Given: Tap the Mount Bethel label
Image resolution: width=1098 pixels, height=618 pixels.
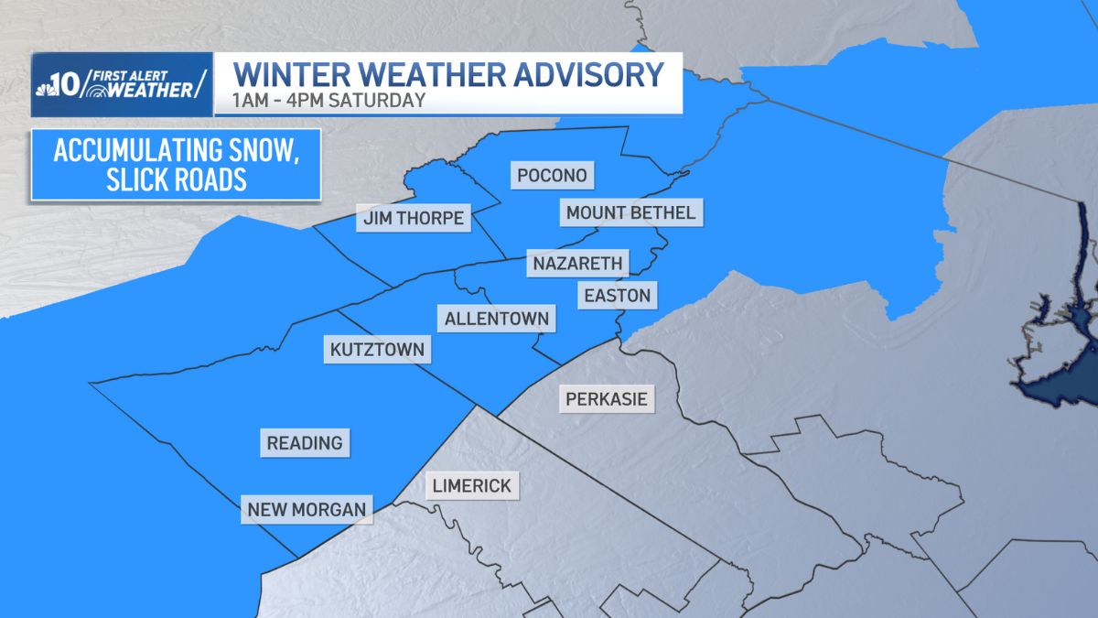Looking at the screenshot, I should click(630, 212).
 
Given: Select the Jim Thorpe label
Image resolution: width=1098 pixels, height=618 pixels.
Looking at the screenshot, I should click(414, 219).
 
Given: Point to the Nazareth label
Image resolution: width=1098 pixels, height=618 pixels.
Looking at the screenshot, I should click(577, 264).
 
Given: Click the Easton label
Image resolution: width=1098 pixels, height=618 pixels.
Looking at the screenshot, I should click(617, 295).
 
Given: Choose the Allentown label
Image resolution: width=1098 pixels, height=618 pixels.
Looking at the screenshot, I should click(497, 319).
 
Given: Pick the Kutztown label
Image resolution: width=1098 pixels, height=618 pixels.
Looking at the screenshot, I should click(377, 350).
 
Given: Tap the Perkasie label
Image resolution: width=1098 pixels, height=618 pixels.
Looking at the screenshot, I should click(606, 398).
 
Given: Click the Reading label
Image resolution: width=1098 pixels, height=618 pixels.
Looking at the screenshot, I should click(305, 443).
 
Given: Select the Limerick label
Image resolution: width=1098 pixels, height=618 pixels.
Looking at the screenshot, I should click(473, 485).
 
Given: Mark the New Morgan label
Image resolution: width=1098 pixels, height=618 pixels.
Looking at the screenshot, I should click(307, 509).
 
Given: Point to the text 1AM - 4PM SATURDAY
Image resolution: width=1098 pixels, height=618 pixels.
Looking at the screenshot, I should click(329, 101).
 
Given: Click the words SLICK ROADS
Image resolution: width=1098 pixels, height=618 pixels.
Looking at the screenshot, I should click(176, 179).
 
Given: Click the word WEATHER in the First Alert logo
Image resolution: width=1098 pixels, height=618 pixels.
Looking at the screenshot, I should click(152, 90).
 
